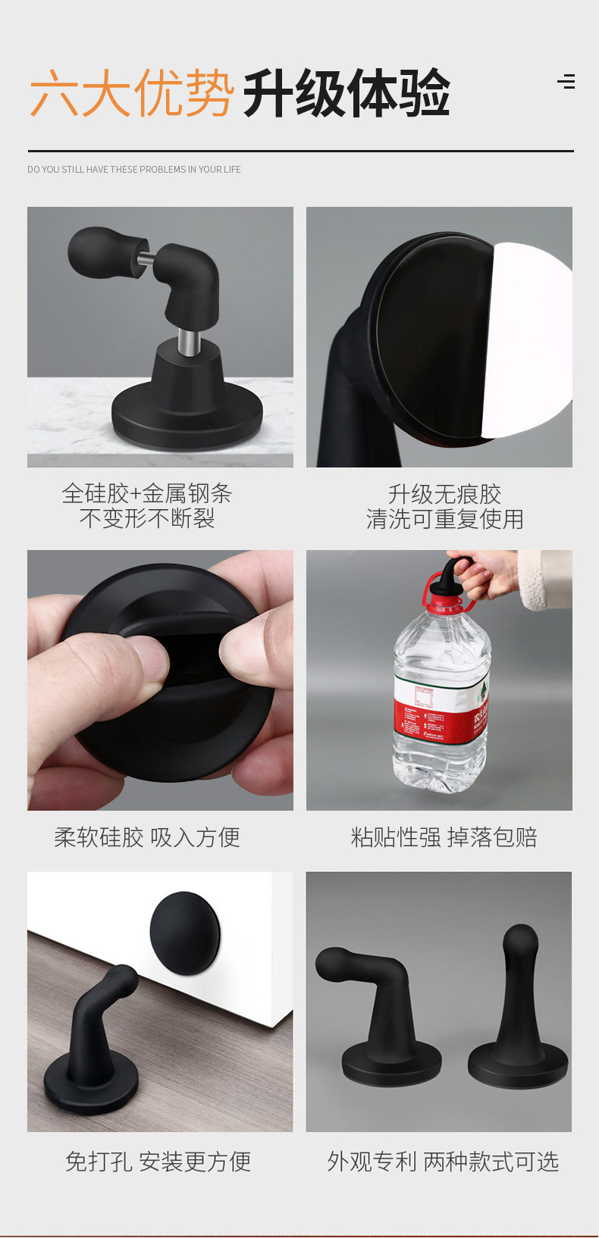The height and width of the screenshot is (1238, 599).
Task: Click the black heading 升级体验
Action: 347,93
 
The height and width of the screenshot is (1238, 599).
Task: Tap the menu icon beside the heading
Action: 566,81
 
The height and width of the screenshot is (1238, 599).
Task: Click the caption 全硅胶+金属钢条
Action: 146,493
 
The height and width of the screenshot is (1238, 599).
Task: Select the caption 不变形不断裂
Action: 146,518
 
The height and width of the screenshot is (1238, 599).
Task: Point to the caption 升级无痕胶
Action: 444,494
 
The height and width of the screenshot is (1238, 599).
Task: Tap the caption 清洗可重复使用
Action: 444,519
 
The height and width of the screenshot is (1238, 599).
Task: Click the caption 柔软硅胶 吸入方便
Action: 146,837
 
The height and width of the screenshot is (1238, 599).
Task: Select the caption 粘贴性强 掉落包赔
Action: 444,837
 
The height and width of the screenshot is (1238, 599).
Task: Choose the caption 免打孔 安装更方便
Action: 158,1161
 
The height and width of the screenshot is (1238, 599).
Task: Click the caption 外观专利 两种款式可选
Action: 443,1161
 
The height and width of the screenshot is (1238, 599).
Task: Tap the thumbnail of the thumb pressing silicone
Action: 161,680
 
